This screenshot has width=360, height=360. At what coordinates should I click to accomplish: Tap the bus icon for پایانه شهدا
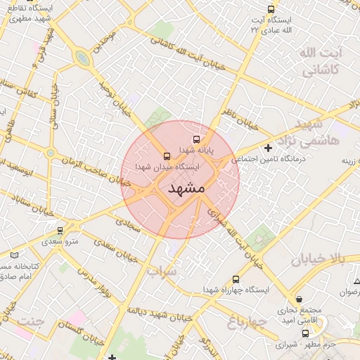[196, 139]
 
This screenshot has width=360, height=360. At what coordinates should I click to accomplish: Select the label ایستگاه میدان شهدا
[172, 167]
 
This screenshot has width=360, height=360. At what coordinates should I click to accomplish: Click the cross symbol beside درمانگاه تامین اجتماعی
[268, 148]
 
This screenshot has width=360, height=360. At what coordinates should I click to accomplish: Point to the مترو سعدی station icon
[60, 230]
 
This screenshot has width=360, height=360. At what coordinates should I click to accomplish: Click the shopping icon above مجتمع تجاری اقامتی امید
[300, 299]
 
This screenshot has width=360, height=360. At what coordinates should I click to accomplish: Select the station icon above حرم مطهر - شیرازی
[304, 333]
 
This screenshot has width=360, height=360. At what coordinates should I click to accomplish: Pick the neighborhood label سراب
[164, 269]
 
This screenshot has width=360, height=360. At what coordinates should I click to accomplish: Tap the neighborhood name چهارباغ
[246, 322]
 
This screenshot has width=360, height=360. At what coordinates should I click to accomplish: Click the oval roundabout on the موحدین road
[83, 58]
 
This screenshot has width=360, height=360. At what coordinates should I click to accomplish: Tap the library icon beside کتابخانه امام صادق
[15, 255]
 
